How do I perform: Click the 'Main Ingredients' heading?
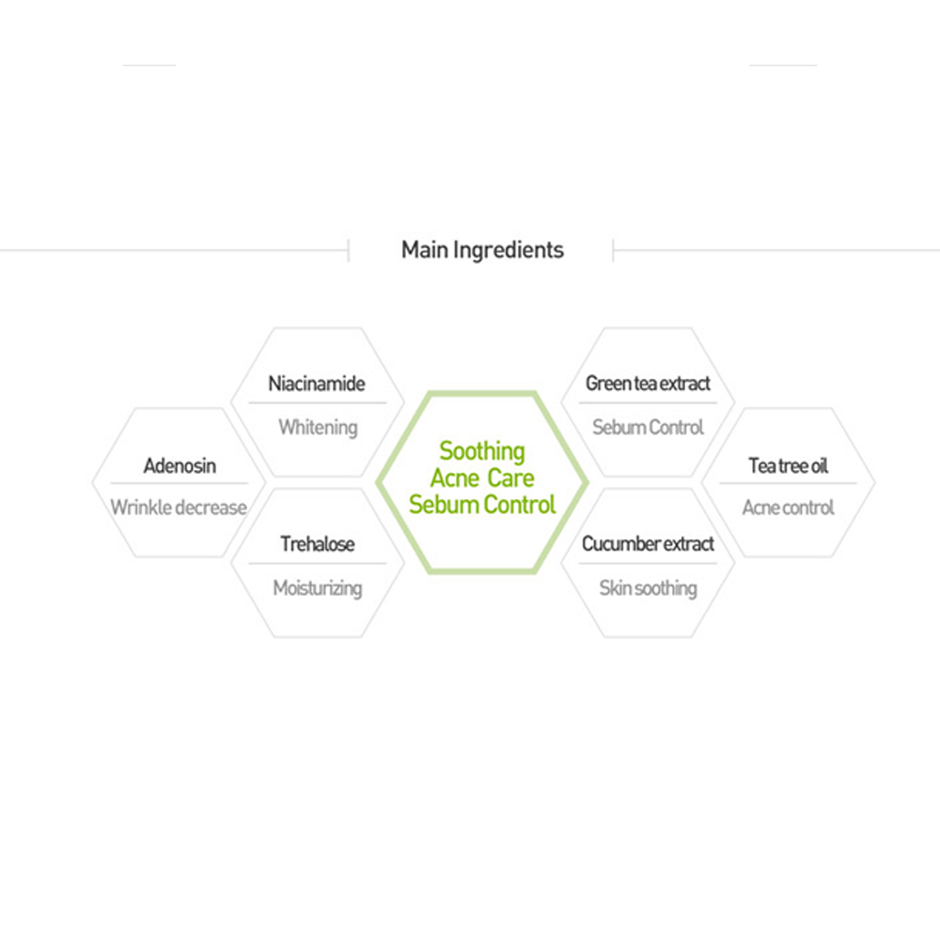click(482, 250)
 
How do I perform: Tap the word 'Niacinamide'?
click(317, 384)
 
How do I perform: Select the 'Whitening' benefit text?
click(318, 427)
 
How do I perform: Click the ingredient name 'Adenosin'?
click(180, 465)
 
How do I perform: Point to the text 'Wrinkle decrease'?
click(179, 508)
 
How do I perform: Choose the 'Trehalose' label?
click(317, 544)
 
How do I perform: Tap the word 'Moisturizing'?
click(318, 588)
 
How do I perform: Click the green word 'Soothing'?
click(482, 451)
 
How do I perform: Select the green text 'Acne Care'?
click(482, 478)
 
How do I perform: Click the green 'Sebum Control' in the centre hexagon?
click(482, 505)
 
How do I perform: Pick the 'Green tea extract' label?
click(648, 384)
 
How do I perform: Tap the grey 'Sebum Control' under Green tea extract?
click(648, 427)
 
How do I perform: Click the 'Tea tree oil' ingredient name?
click(788, 465)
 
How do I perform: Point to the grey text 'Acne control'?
click(788, 508)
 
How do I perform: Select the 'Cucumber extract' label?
click(648, 544)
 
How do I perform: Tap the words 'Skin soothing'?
click(648, 588)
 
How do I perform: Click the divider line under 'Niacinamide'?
click(317, 403)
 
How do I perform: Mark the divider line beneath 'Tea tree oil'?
click(788, 483)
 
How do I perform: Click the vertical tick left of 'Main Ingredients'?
click(349, 250)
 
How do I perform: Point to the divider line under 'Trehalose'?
click(317, 564)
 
